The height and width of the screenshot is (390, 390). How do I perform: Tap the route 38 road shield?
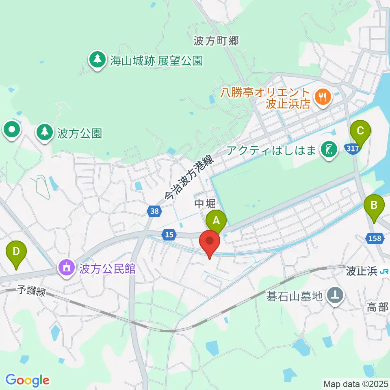pyautogui.click(x=154, y=211)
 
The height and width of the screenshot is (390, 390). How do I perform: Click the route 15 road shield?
pyautogui.click(x=169, y=234)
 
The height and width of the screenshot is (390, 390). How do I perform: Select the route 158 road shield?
pyautogui.click(x=375, y=238)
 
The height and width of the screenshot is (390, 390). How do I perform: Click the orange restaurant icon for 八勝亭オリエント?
pyautogui.click(x=324, y=97)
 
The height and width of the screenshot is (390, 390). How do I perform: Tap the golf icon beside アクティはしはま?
pyautogui.click(x=329, y=149)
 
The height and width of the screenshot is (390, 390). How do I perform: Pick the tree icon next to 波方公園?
pyautogui.click(x=44, y=132)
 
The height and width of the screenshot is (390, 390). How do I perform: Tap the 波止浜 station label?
pyautogui.click(x=362, y=271)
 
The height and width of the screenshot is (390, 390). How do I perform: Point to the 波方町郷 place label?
pyautogui.click(x=215, y=41)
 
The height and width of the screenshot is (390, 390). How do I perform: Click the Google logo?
pyautogui.click(x=27, y=380)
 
